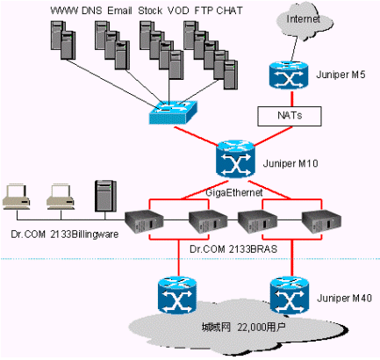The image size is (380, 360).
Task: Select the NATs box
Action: tap(290, 116)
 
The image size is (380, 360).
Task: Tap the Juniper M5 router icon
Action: tap(289, 76)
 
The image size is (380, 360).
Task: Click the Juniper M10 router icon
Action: tap(236, 159)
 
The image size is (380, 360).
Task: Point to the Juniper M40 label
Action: tap(344, 299)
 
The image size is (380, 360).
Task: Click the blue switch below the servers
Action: tap(173, 112)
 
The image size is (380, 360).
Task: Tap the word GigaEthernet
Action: tap(234, 192)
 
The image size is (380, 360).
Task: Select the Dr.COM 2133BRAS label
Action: tap(233, 249)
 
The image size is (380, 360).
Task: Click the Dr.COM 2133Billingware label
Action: tap(65, 234)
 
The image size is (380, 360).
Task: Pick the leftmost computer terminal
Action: tap(17, 197)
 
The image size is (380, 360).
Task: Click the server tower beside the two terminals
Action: tap(105, 196)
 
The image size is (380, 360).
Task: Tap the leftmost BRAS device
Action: tap(144, 222)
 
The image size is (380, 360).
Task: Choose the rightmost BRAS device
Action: tap(321, 222)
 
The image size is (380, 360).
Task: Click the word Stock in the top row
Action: tap(150, 11)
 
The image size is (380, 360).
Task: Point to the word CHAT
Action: tap(230, 11)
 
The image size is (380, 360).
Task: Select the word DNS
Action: tap(91, 11)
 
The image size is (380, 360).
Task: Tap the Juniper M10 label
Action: tap(290, 163)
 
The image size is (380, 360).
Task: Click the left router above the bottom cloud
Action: tap(177, 296)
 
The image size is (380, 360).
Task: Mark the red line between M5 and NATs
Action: tap(291, 98)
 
